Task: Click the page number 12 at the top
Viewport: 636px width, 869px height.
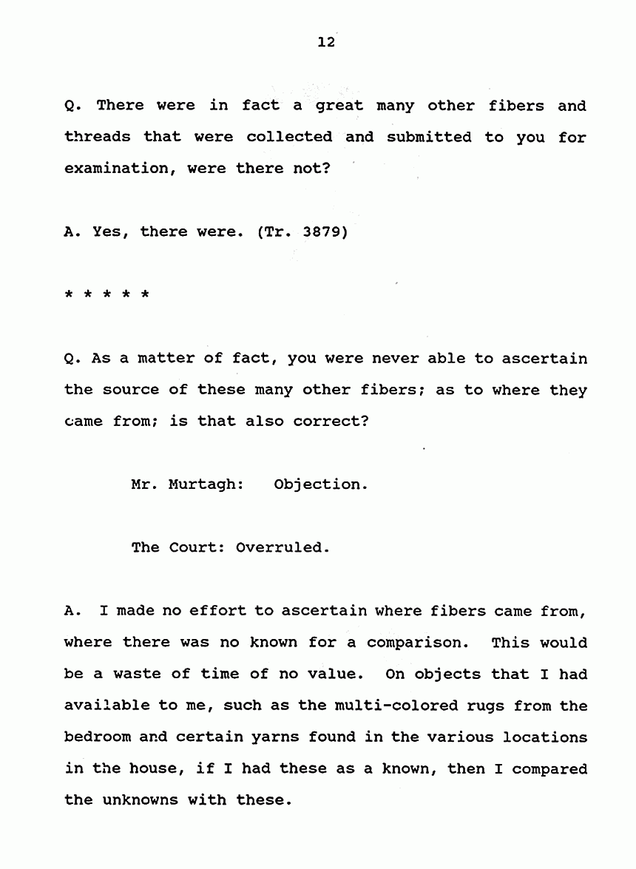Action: pos(326,42)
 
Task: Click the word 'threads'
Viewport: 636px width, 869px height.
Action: pos(97,137)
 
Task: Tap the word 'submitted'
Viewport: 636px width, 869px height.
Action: pos(428,137)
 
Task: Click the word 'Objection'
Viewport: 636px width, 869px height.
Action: pos(319,485)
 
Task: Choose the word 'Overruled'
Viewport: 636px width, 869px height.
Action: pos(282,548)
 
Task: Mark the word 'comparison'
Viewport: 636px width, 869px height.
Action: pos(417,643)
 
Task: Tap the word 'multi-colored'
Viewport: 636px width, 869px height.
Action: pos(390,706)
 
